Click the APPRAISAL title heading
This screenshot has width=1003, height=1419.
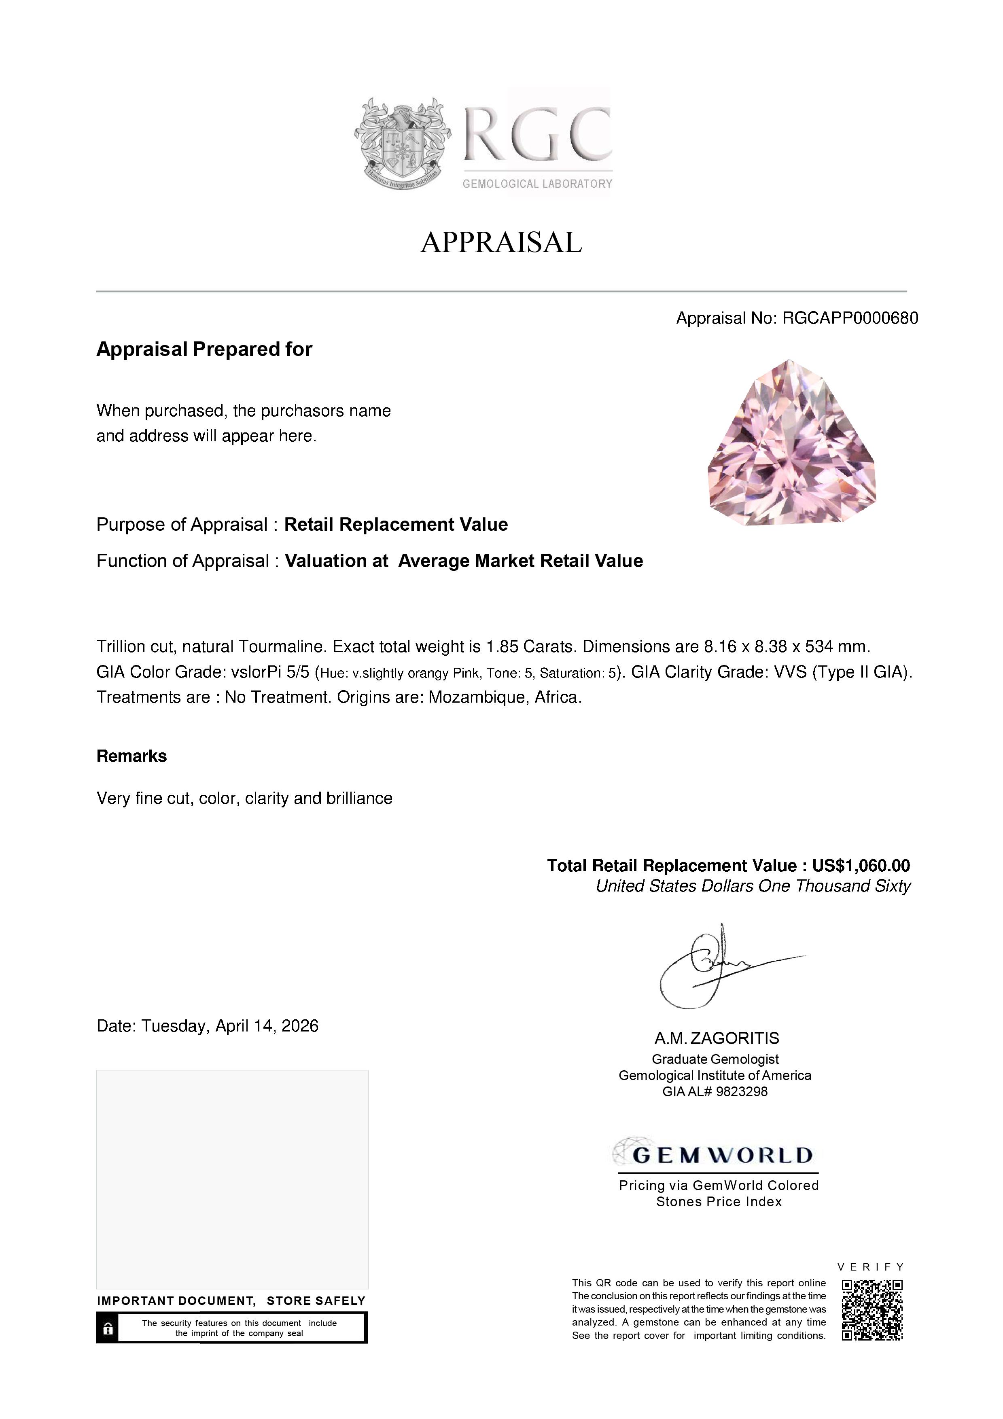coord(501,242)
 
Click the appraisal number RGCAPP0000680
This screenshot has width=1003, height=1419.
coord(850,318)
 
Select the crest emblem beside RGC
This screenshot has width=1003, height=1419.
coord(402,143)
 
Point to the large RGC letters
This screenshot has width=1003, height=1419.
coord(537,135)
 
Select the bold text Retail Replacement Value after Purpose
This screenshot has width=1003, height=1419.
coord(396,525)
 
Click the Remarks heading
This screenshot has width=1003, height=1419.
coord(131,756)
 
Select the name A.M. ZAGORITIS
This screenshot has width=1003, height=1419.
coord(717,1038)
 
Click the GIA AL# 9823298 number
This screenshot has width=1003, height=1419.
coord(715,1092)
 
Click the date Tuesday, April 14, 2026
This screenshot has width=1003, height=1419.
coord(230,1027)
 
